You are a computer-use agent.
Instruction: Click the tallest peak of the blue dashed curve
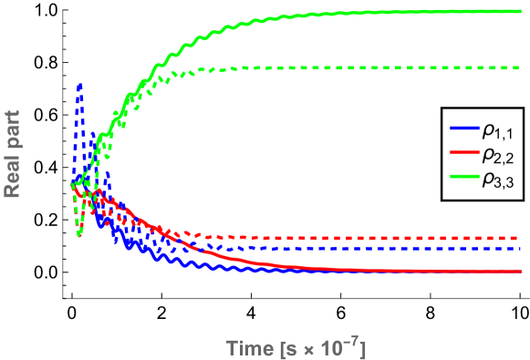[x=80, y=85]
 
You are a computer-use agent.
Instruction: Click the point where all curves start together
[x=69, y=186]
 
